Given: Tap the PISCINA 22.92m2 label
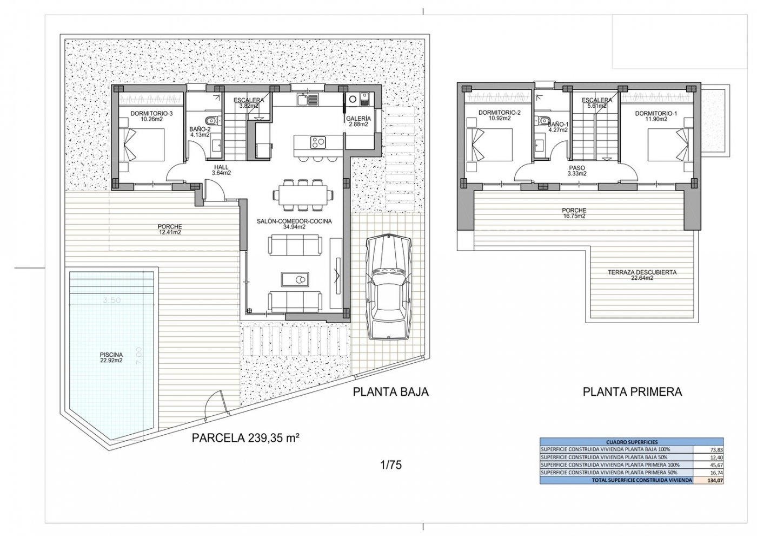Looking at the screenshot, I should click(x=111, y=357).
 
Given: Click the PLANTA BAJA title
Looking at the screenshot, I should click(x=390, y=391).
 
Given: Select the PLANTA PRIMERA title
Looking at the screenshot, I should click(x=632, y=391).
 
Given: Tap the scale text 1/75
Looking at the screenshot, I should click(x=391, y=465).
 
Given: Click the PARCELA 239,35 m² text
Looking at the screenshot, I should click(x=246, y=438).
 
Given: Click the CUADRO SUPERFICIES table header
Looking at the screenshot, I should click(x=632, y=442).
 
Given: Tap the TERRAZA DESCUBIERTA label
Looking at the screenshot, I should click(x=642, y=275).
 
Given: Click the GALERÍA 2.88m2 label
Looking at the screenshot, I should click(x=358, y=121).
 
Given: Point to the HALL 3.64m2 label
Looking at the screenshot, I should click(x=222, y=171).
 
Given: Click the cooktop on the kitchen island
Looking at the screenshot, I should click(x=317, y=142).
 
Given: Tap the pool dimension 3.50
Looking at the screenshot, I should click(x=111, y=299).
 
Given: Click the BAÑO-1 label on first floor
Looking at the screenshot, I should click(x=557, y=127).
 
